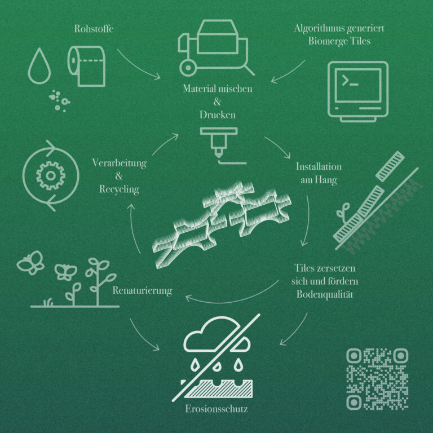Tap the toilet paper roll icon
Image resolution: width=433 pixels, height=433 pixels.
(x=86, y=67)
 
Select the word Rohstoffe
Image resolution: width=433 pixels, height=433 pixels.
(x=94, y=29)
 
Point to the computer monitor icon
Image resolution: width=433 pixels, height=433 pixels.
(x=358, y=92)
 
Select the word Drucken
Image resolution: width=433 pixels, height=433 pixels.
(x=218, y=115)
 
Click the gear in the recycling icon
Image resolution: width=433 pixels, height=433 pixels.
(x=51, y=176)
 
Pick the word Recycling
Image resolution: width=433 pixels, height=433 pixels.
(x=119, y=189)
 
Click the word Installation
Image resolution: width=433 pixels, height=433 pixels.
(x=319, y=167)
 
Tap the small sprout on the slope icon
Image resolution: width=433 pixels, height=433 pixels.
(x=343, y=212)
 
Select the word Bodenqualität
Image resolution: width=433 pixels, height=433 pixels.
(x=325, y=294)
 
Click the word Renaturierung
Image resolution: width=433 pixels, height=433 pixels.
(x=142, y=290)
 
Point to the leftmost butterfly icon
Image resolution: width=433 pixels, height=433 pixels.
(x=30, y=262)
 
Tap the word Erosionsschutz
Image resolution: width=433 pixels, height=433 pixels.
(x=216, y=409)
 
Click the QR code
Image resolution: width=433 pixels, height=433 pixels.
(x=377, y=379)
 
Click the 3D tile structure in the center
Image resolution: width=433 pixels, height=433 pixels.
(x=222, y=224)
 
